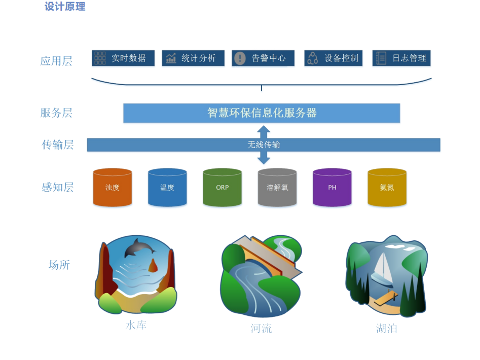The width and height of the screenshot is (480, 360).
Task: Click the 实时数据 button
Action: point(123,58)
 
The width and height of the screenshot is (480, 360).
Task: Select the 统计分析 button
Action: point(193,58)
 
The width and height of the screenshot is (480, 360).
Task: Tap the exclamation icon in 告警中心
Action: point(240,58)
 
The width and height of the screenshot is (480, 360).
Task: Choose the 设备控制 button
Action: point(334,58)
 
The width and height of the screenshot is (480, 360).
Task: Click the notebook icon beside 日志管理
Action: point(381,58)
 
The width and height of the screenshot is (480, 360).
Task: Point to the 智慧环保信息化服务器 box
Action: point(262,113)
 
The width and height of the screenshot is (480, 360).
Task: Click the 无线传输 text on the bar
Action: point(264,145)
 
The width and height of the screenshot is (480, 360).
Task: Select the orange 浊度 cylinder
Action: point(113,187)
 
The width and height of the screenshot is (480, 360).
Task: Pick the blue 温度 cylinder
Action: point(167,187)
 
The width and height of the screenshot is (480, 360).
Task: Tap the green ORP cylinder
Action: point(222,187)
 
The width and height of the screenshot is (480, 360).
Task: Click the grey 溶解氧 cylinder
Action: point(277,187)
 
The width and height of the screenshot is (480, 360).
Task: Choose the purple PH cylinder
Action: point(332,187)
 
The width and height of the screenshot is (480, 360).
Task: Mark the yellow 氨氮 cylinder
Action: point(387,187)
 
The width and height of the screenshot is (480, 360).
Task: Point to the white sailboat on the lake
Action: point(382,269)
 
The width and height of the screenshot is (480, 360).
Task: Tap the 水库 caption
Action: point(136,325)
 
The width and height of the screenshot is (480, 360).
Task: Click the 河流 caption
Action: point(261,329)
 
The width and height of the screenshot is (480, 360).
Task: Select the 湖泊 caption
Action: point(387,329)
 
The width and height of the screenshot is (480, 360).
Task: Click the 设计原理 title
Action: point(65,7)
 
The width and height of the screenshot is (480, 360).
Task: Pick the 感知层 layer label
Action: point(58,187)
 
